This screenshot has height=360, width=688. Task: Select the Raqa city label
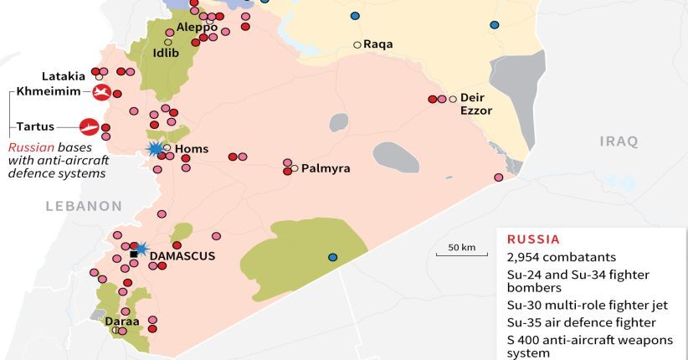pos(378,45)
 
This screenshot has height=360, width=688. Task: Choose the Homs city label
pos(193,151)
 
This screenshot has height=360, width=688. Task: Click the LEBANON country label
pos(84,206)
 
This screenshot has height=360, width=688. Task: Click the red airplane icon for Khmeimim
pos(102,92)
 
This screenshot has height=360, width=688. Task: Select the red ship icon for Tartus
pos(89,127)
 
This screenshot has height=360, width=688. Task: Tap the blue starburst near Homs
pos(155,149)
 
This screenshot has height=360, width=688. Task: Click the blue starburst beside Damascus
pos(141,249)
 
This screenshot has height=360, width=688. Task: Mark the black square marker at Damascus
pos(133,254)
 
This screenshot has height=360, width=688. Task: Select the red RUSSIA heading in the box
pos(533,239)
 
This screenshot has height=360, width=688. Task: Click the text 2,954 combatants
pos(561,257)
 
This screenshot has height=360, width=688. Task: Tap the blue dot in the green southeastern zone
pos(333,257)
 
